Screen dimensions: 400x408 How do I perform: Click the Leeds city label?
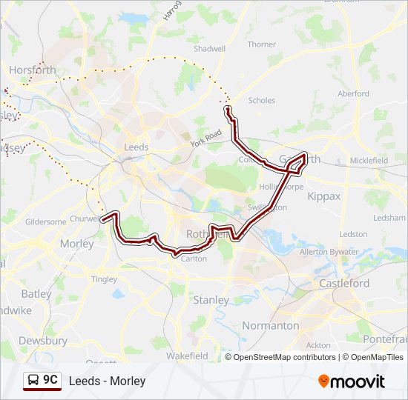click(136, 147)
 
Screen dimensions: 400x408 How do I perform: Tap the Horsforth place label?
click(32, 70)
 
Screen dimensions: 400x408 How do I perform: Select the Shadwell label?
click(209, 49)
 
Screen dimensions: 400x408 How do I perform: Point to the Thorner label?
click(262, 44)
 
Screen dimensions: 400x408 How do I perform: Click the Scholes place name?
click(261, 100)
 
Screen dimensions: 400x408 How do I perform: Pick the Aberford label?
click(353, 94)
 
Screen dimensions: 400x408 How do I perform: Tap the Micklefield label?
click(369, 160)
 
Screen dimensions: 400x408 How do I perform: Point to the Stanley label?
click(211, 300)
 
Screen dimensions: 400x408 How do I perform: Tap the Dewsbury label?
click(43, 341)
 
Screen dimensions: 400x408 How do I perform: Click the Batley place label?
click(36, 294)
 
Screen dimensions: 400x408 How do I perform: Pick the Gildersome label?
click(45, 221)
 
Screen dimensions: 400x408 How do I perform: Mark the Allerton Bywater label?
click(329, 253)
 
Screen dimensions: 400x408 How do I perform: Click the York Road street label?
click(205, 138)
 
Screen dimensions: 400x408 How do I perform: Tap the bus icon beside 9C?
click(33, 381)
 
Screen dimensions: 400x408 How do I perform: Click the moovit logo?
click(352, 381)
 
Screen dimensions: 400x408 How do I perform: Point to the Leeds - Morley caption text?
click(107, 381)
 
